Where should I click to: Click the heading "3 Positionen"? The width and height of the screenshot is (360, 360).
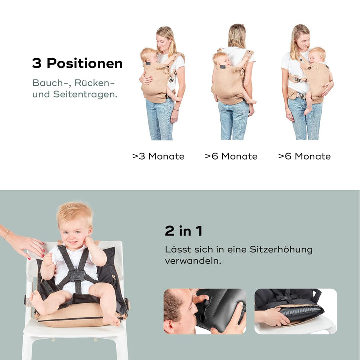[77, 64]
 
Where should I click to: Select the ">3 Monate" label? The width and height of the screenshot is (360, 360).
[158, 156]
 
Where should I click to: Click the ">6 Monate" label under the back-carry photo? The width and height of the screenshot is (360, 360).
[231, 156]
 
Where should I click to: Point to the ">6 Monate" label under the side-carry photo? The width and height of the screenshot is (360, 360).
[304, 156]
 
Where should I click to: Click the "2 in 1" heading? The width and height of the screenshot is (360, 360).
[184, 231]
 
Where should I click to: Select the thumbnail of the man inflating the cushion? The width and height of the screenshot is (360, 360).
[205, 311]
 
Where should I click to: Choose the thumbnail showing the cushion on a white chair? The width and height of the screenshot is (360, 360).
[295, 311]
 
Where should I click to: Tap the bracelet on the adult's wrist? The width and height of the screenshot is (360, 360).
[6, 234]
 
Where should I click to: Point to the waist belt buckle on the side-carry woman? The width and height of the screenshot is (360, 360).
[300, 95]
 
